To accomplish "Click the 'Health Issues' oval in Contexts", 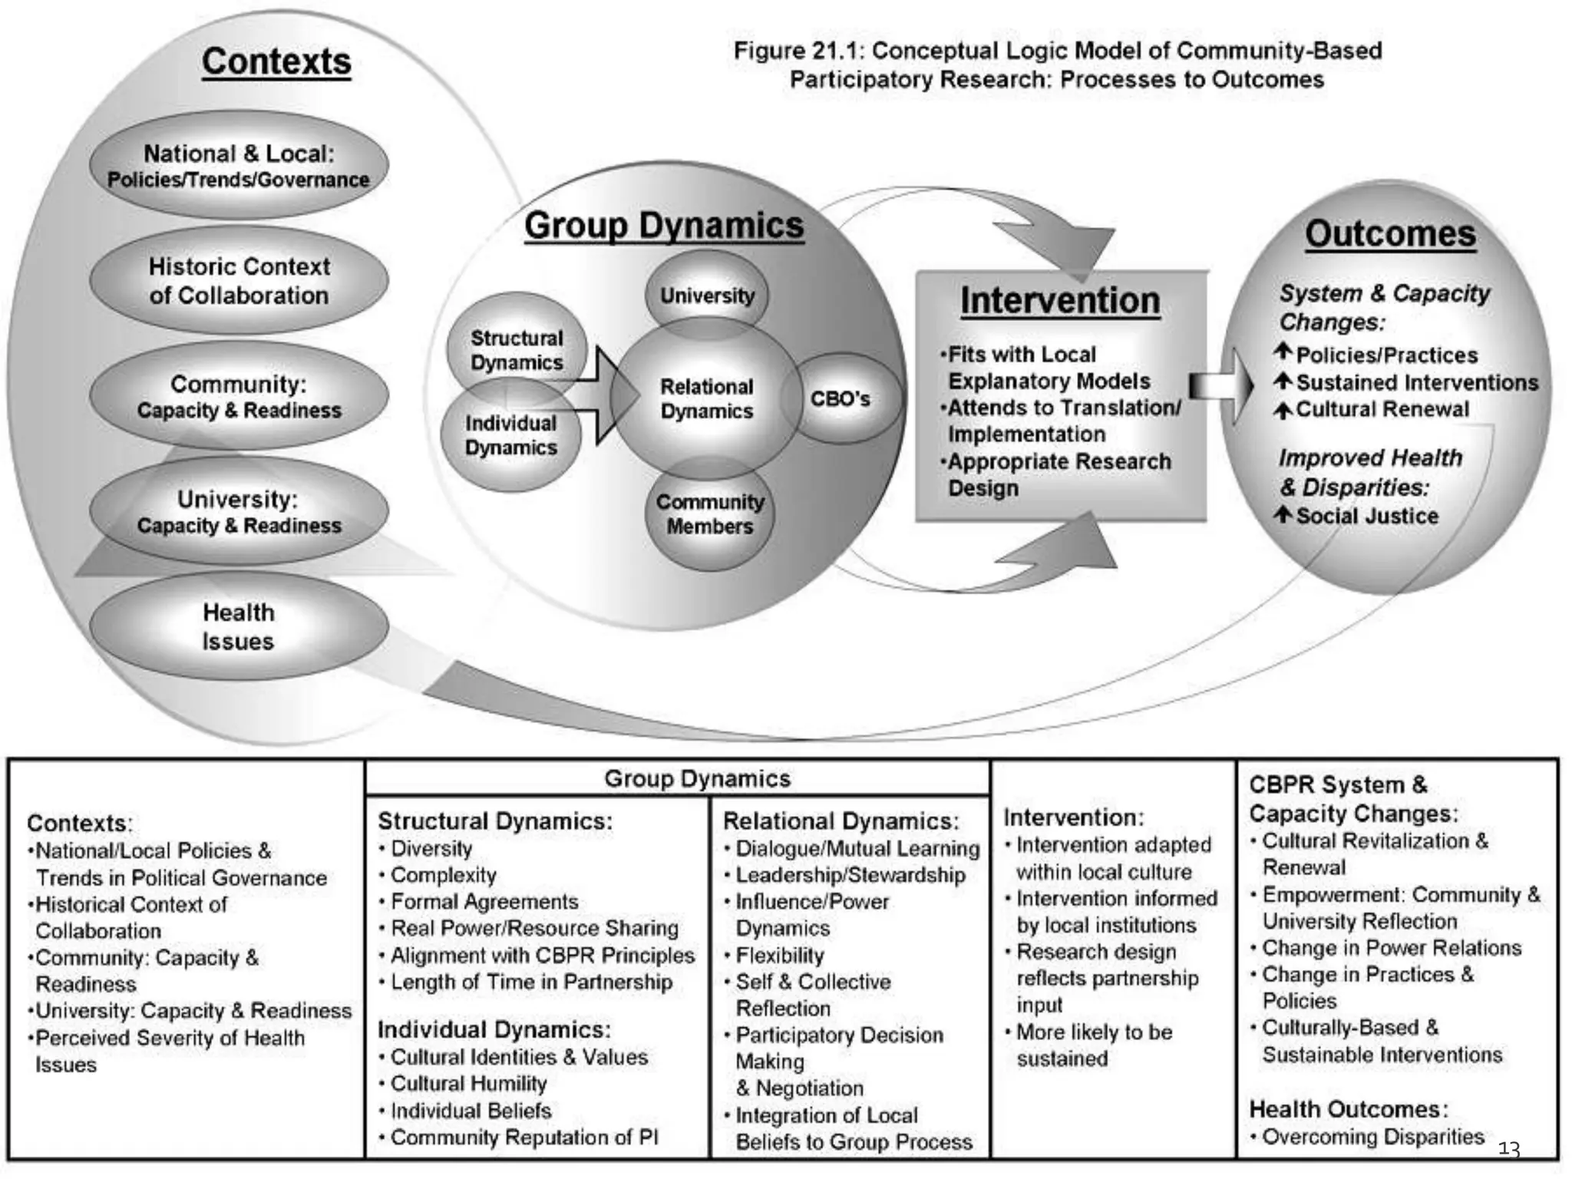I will [238, 626].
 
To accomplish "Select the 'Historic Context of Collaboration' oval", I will [239, 281].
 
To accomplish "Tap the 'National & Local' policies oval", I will [239, 166].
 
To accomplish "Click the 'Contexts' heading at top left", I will [276, 61].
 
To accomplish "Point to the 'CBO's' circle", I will [841, 399].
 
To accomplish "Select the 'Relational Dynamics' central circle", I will [706, 399].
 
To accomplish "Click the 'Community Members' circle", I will [710, 514].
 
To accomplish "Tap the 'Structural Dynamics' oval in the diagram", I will [517, 350].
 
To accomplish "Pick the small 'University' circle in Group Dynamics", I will [707, 296].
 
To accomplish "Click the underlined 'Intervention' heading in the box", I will [1060, 300].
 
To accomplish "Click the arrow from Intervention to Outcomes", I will [1221, 385].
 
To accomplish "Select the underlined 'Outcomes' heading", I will [1390, 234].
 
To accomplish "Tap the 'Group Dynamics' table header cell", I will [697, 778].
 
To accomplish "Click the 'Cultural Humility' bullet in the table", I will [468, 1084].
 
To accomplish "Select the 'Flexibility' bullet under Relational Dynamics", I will [779, 956].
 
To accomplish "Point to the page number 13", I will [1509, 1149].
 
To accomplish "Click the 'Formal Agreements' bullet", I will [484, 902].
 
